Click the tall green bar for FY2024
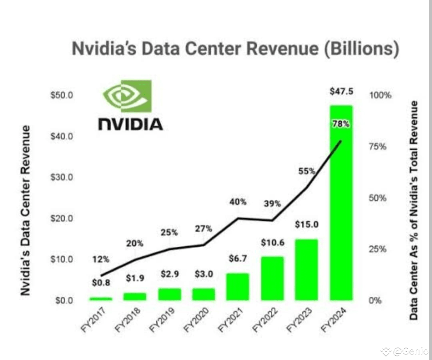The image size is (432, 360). click(x=341, y=208)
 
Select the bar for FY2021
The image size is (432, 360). click(x=237, y=287)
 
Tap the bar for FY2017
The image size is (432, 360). click(x=100, y=298)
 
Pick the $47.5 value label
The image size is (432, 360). click(x=341, y=91)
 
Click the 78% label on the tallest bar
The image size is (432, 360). click(x=341, y=124)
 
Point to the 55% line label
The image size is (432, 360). click(x=307, y=171)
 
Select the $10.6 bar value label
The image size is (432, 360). click(x=272, y=243)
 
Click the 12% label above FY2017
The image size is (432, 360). click(x=100, y=259)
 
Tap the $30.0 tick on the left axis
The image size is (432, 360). click(x=62, y=177)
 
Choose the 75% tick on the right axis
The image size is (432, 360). click(x=377, y=147)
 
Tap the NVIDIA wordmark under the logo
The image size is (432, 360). click(x=130, y=124)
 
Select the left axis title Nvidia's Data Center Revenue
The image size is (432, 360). click(x=26, y=210)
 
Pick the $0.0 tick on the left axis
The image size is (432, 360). click(x=62, y=300)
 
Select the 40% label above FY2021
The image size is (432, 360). click(x=238, y=202)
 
